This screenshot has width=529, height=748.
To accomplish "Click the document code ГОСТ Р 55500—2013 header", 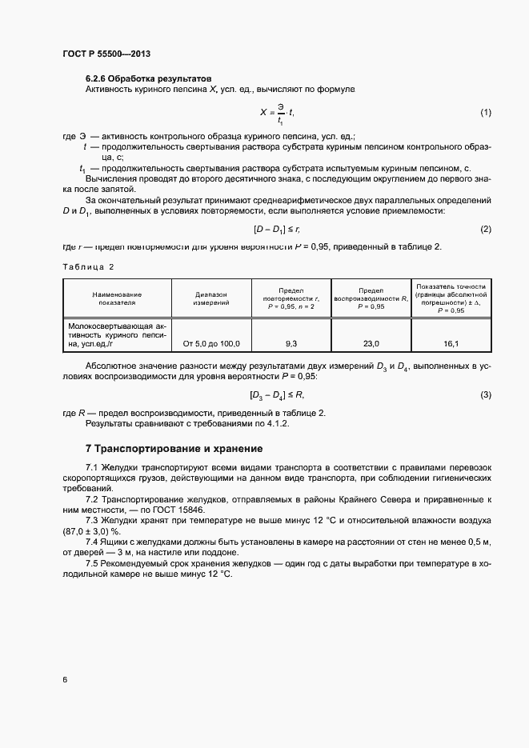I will coord(106,54).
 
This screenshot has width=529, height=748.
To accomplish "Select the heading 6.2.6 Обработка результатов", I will coord(148,79).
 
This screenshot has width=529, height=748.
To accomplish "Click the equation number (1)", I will coord(485,113).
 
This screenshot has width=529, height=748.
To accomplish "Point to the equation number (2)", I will coord(485,230).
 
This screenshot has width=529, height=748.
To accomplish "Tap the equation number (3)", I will coord(485,395).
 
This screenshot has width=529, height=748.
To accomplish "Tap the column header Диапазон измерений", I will coord(211,298).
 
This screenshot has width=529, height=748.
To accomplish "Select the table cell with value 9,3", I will coord(291,343).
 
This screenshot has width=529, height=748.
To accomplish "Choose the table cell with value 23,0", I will coord(371,343).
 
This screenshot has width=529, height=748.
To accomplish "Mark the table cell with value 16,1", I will coord(450,343).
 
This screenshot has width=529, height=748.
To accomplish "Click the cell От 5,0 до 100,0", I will coord(211,343).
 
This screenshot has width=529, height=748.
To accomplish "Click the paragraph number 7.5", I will coord(93,565).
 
